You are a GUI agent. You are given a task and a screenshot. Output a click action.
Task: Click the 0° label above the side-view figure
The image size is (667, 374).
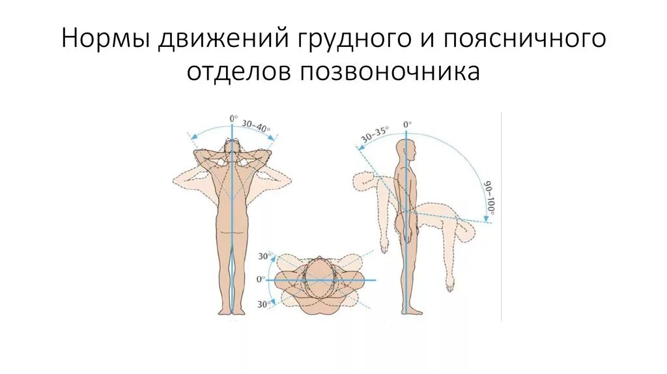pos(407,124)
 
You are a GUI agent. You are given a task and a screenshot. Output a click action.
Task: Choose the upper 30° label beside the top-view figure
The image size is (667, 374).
pos(264,257)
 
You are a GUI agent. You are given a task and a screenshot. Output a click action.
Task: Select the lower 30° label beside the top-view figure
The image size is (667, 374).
pos(264,304)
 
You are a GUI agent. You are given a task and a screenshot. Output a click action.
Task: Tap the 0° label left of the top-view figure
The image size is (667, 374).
pos(260,280)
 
